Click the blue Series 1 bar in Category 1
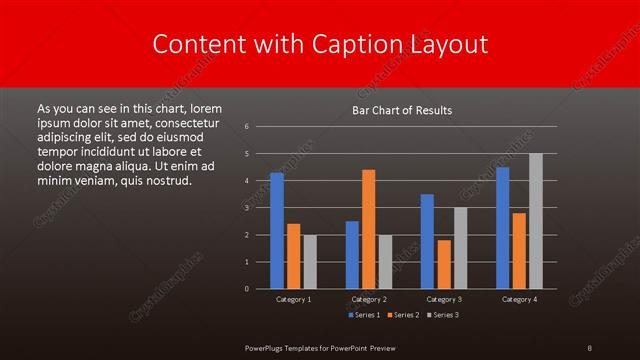277,231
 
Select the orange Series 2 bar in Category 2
368,229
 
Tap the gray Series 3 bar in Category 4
535,221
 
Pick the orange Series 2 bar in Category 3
443,264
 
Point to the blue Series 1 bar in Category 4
502,228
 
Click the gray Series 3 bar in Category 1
310,262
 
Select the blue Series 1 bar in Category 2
352,255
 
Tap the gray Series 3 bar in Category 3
460,248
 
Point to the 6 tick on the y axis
246,127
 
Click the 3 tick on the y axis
246,208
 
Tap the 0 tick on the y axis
246,289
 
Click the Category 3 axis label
443,299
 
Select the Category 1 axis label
293,299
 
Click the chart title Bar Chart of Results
403,110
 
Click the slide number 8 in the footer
590,347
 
